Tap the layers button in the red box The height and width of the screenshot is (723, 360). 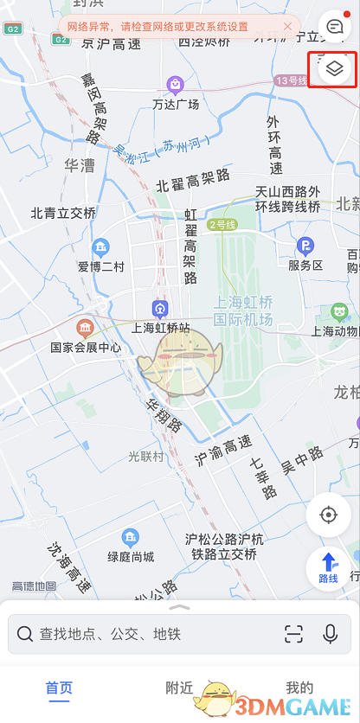(333, 67)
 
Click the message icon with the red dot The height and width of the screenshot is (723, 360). (333, 27)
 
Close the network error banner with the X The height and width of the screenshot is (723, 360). (287, 27)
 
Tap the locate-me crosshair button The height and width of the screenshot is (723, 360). (328, 515)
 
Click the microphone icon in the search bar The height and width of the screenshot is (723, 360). (330, 634)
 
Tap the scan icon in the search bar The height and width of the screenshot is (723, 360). (293, 634)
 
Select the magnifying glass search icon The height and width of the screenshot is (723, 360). (25, 634)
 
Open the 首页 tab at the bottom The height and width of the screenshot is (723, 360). (59, 688)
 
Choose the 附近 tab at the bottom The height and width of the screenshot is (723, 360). (179, 688)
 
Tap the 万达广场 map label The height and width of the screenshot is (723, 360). (176, 105)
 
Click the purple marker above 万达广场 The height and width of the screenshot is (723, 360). (176, 84)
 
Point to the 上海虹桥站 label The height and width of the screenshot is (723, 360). (160, 328)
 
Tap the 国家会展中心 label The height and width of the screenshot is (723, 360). (86, 348)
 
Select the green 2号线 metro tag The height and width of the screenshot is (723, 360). (222, 225)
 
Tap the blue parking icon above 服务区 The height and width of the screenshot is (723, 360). (305, 246)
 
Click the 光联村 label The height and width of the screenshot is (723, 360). (145, 456)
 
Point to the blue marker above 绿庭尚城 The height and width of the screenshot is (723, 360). (131, 537)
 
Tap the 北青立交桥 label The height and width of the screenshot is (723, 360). (63, 213)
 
